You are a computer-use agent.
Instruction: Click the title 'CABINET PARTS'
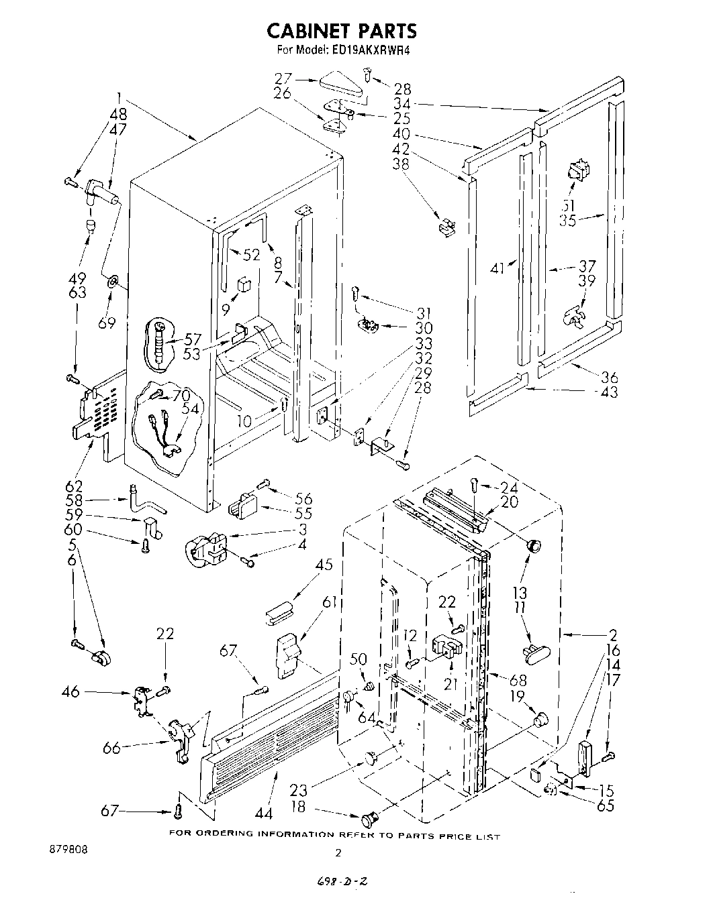point(342,31)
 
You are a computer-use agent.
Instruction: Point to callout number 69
point(107,323)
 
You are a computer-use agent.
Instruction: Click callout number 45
point(324,565)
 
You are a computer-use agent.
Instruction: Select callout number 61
point(329,602)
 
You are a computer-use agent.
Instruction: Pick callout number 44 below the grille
point(264,813)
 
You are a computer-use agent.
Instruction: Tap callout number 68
point(518,680)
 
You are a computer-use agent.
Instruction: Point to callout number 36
point(610,376)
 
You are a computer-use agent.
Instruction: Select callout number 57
point(194,338)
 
